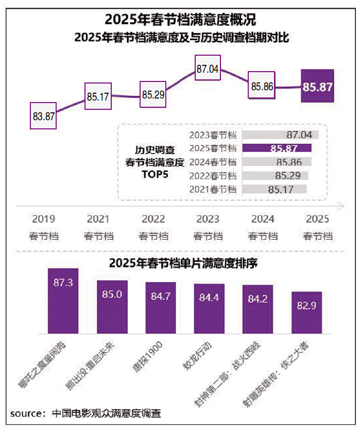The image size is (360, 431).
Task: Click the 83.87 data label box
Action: [x=43, y=116]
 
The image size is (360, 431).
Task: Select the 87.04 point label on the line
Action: [x=208, y=69]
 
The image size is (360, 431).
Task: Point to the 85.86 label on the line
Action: [x=262, y=87]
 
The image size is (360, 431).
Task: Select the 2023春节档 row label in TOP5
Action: [x=213, y=135]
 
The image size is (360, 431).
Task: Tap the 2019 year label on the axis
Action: [x=43, y=219]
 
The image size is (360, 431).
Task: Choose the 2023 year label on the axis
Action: [x=208, y=219]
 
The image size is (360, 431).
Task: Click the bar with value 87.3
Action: [x=63, y=302]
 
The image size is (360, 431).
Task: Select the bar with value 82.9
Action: [x=306, y=313]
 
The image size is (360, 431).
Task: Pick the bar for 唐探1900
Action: [x=161, y=308]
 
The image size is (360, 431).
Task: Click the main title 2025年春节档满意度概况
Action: [x=180, y=20]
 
